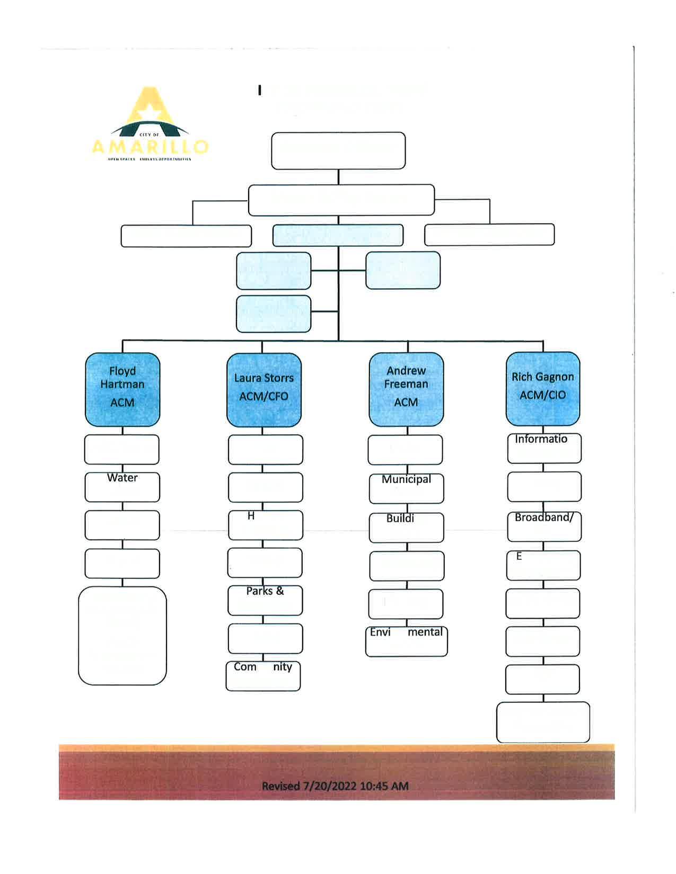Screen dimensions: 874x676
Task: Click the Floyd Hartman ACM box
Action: (x=122, y=389)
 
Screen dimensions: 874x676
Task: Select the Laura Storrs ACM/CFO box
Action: (x=264, y=390)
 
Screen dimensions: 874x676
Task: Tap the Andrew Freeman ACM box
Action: (x=406, y=389)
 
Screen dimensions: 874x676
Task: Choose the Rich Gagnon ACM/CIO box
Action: (x=543, y=389)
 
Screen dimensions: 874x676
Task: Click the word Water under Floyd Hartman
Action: (x=122, y=478)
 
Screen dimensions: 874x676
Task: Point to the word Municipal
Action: (x=406, y=479)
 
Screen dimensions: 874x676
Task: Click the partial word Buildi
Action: (x=400, y=519)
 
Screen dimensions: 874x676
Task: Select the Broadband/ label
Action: (x=544, y=518)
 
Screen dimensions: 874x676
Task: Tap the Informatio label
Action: (x=541, y=439)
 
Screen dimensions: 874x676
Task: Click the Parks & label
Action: (x=265, y=591)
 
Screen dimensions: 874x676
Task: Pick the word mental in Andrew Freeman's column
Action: (x=425, y=632)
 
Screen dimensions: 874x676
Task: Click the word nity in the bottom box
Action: (x=283, y=667)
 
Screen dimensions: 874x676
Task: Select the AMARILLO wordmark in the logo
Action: (x=151, y=147)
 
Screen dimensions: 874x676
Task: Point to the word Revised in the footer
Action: (x=281, y=786)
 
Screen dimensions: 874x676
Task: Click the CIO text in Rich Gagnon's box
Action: (x=557, y=395)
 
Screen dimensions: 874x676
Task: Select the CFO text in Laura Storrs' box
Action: (x=278, y=396)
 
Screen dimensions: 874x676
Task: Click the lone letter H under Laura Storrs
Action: (x=251, y=516)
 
